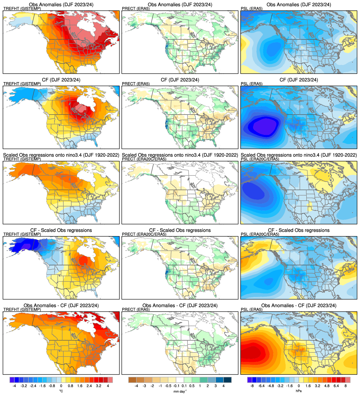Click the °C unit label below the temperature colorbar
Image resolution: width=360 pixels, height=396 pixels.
(61, 391)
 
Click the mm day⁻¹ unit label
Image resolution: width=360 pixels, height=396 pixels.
(180, 391)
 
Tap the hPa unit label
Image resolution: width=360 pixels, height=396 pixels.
(299, 391)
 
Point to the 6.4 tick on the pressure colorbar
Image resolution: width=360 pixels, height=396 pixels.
(336, 386)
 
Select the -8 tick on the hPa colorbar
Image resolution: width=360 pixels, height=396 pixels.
(252, 386)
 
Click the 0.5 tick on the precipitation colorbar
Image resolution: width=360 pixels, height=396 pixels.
(192, 386)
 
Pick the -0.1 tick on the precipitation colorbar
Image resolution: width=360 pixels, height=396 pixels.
(176, 386)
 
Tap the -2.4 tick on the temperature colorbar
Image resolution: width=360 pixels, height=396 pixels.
(33, 386)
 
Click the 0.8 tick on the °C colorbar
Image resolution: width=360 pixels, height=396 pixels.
(71, 386)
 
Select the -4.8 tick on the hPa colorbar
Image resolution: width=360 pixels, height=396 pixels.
(271, 386)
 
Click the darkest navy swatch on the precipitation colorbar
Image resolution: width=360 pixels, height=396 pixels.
(228, 380)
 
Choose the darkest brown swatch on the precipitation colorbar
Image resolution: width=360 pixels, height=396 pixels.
(132, 380)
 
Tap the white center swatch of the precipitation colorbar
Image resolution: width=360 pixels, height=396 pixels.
(180, 380)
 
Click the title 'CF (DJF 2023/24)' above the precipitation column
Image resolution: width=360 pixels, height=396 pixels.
(180, 80)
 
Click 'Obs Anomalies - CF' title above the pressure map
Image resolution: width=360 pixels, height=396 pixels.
(299, 305)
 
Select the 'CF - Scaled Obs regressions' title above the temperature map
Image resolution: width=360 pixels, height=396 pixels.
(61, 230)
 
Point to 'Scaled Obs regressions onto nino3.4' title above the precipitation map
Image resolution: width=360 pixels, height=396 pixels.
(180, 155)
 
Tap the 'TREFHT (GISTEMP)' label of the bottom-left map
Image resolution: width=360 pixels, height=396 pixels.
(22, 309)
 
